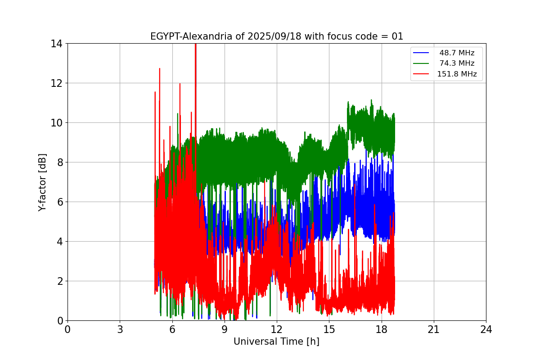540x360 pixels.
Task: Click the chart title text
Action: pos(276,36)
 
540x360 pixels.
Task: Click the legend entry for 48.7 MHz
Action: pos(457,53)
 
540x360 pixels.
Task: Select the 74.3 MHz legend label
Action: pos(457,63)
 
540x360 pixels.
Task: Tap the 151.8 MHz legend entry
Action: pos(457,74)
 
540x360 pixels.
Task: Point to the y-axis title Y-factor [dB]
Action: pos(42,182)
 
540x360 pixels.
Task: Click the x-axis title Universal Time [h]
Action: pos(276,342)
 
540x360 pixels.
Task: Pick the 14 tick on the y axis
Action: pos(56,44)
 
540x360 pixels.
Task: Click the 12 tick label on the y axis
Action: pos(56,83)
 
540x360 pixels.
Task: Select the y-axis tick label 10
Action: pos(56,123)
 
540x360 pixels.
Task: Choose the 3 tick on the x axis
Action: pos(120,329)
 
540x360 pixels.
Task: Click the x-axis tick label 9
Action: pos(224,329)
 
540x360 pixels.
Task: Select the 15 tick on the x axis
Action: pos(329,329)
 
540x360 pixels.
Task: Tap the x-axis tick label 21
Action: pos(433,329)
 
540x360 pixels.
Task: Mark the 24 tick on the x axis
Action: pos(486,329)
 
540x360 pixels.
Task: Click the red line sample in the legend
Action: pos(422,74)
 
